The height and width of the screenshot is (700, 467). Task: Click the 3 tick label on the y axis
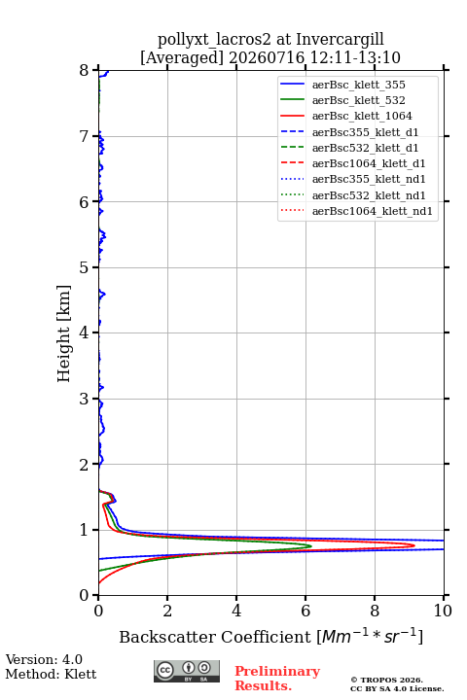[x=85, y=399]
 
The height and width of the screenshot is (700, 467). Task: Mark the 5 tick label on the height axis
[x=85, y=267]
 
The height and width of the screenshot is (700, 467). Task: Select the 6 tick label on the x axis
[x=305, y=611]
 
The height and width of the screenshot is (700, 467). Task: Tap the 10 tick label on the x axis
[x=444, y=611]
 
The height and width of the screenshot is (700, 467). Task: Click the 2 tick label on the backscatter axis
[x=167, y=611]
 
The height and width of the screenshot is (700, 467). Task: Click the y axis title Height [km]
[x=64, y=333]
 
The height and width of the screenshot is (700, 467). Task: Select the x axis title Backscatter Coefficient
[x=215, y=637]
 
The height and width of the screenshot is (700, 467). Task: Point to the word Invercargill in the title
[x=341, y=40]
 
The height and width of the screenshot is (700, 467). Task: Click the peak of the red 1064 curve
[x=414, y=545]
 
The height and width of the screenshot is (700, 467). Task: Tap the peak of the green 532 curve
[x=311, y=546]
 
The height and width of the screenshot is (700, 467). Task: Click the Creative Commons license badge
[x=187, y=671]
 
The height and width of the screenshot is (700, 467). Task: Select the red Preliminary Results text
[x=277, y=679]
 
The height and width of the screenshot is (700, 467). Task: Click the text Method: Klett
[x=51, y=674]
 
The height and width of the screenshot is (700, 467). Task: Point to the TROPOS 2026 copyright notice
[x=387, y=680]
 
